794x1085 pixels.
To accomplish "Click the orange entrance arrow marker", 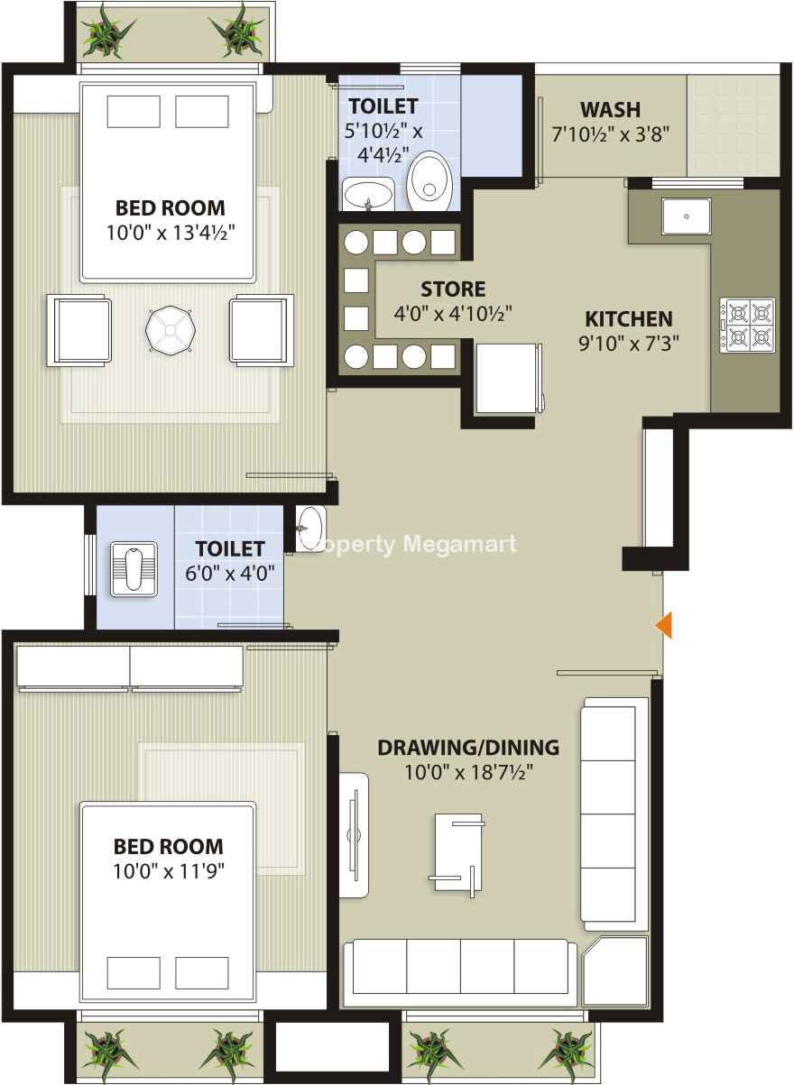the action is tap(664, 626).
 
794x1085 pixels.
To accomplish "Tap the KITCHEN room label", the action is tap(629, 319).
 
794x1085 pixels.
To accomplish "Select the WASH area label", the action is tap(611, 109).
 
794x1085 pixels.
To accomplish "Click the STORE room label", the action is tap(453, 290).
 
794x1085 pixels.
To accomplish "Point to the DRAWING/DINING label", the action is tap(468, 748).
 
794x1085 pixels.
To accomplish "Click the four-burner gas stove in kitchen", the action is tap(747, 325).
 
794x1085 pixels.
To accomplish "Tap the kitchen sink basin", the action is tap(687, 216).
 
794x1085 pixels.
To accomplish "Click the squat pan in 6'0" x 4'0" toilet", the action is tap(134, 570).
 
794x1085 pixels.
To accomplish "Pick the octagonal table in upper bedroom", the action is tap(171, 330).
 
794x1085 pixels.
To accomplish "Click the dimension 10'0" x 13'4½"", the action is tap(171, 233).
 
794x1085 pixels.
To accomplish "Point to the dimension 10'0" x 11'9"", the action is tap(169, 872).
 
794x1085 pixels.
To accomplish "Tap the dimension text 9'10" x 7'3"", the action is tap(629, 344).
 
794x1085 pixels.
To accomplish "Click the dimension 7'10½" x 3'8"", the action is tap(611, 134).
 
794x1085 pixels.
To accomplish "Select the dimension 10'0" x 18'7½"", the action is tap(468, 772).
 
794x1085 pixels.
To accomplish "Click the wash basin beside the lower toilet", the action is tap(311, 529).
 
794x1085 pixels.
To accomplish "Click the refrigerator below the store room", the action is tap(509, 379).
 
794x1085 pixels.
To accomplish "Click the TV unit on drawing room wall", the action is tap(354, 835).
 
